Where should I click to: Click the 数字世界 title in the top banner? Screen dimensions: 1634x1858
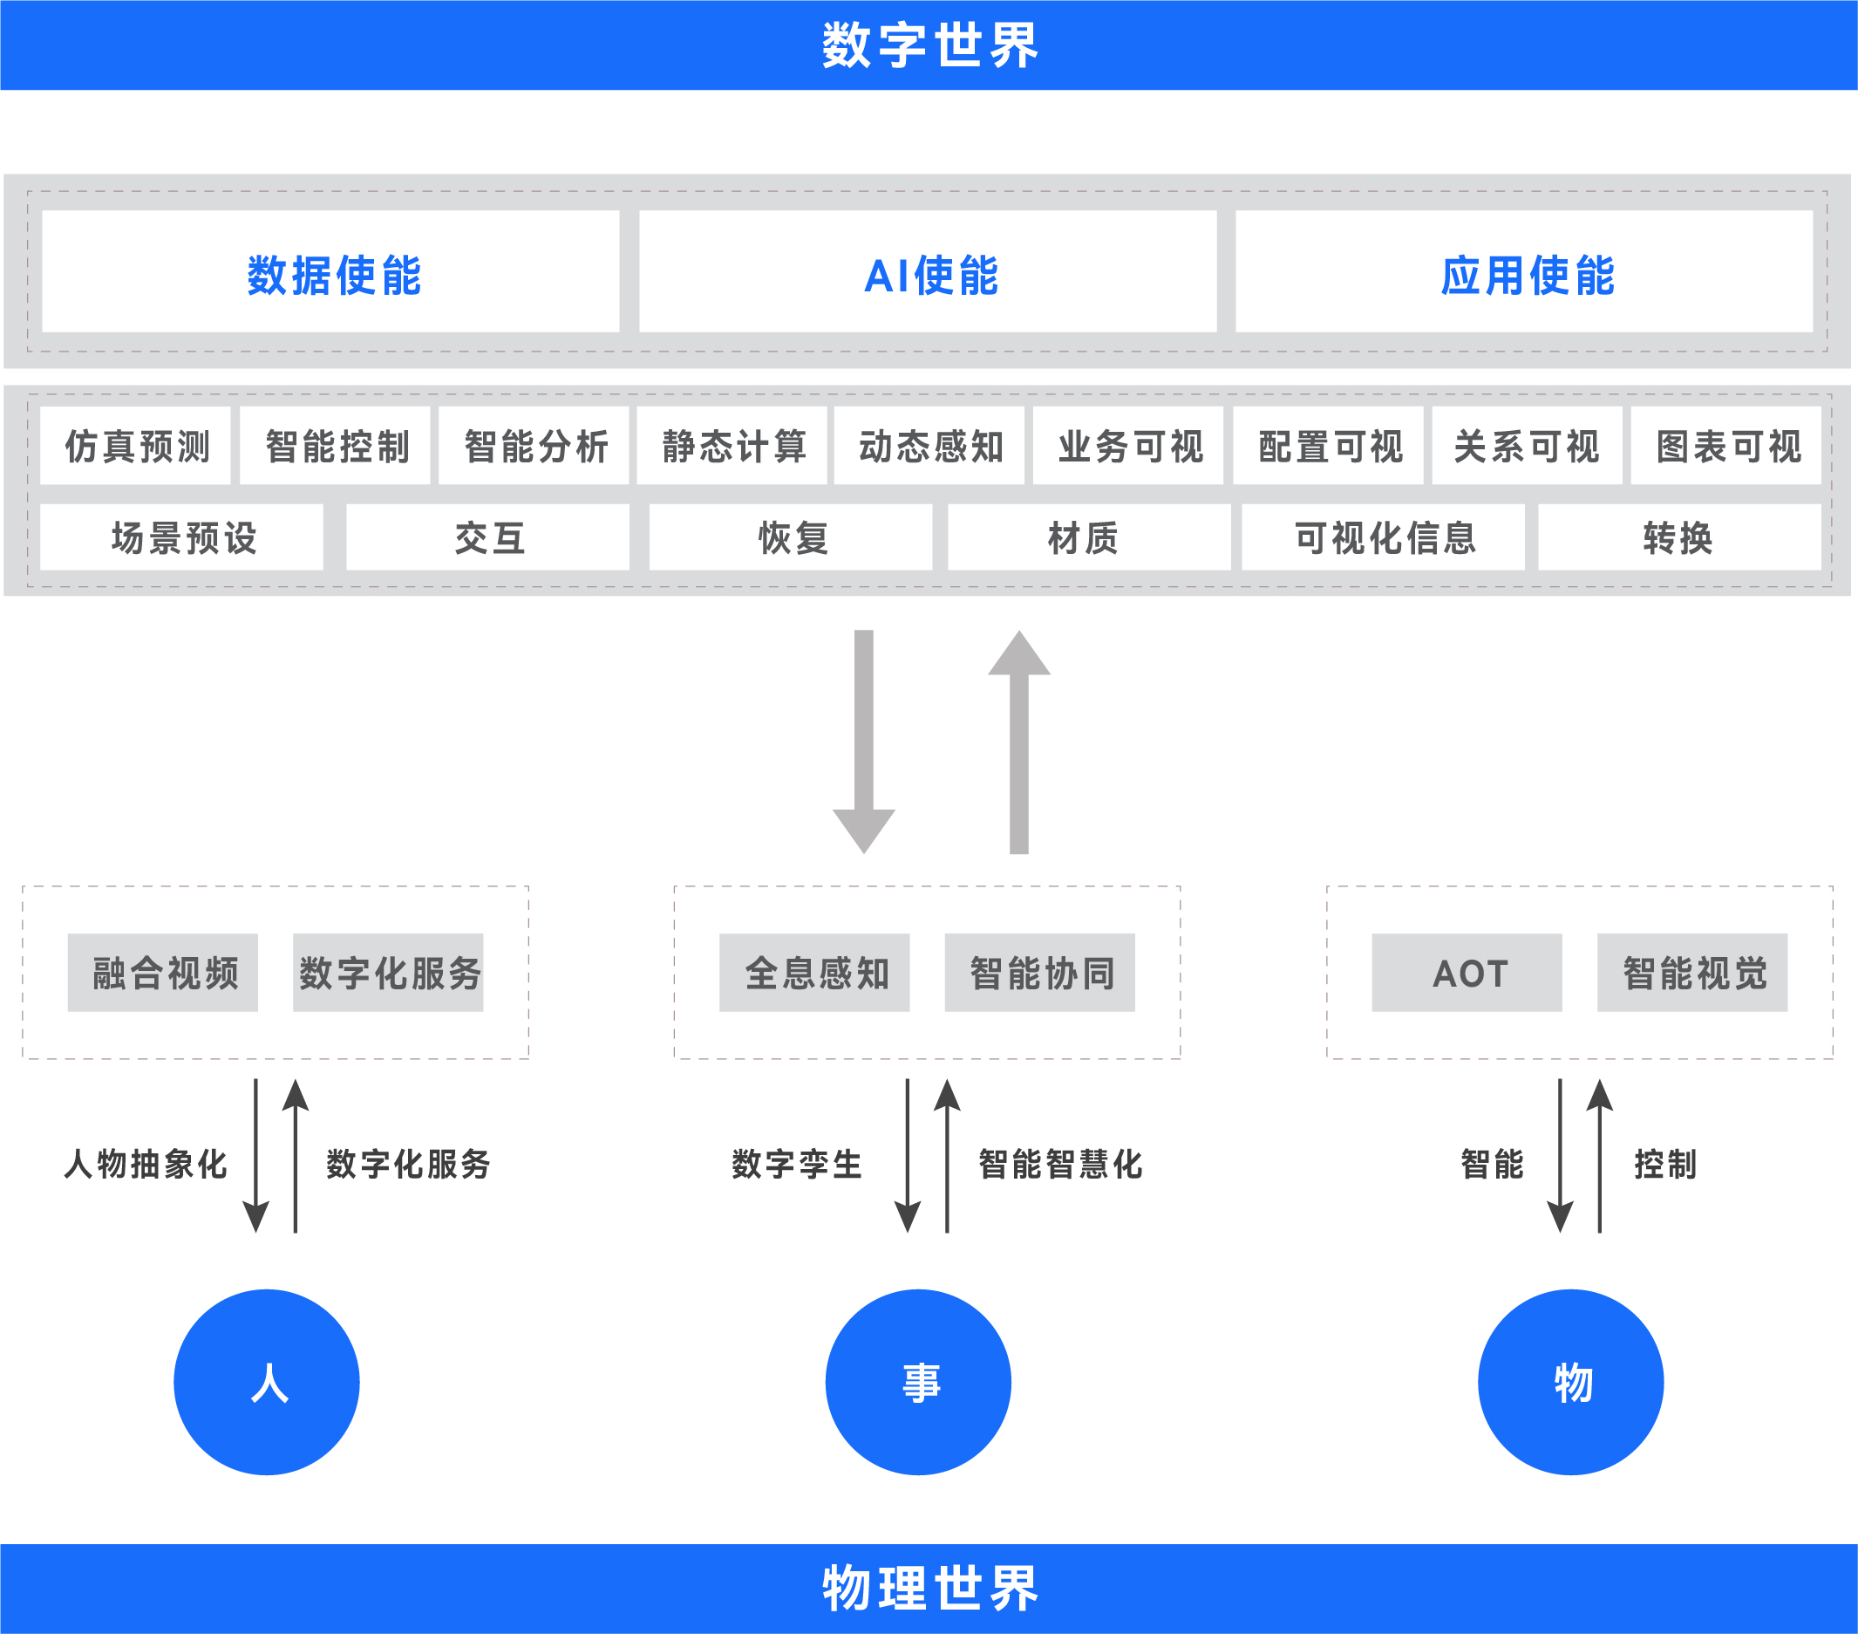(929, 45)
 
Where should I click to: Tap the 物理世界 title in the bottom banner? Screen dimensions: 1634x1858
(929, 1588)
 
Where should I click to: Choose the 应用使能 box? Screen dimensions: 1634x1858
(1524, 273)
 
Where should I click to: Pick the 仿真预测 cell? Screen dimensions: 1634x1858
(135, 446)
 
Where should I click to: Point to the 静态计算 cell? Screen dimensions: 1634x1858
(732, 446)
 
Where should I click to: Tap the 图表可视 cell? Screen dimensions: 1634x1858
(1726, 446)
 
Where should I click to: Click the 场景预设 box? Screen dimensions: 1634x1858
(182, 537)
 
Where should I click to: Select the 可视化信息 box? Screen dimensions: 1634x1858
(1384, 537)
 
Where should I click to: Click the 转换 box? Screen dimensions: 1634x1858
(1679, 537)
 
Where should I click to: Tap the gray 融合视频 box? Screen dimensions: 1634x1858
(163, 972)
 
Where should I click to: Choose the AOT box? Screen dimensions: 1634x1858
(1467, 972)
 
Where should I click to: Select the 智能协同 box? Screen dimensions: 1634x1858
(1040, 972)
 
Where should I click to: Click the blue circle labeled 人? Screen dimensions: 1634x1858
(268, 1382)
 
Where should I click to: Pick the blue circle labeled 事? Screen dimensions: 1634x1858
(918, 1382)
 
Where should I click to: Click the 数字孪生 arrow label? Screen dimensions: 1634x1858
(796, 1164)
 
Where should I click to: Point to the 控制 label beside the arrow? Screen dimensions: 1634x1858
(1664, 1164)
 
